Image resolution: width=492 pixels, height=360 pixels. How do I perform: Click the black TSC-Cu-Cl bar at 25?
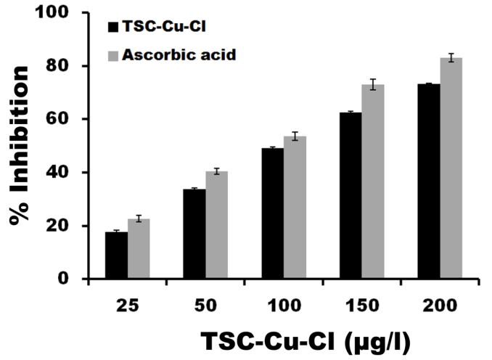pyautogui.click(x=116, y=255)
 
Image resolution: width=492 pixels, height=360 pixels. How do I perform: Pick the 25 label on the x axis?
pyautogui.click(x=127, y=305)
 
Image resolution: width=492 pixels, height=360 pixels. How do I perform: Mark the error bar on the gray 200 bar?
pyautogui.click(x=451, y=57)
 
